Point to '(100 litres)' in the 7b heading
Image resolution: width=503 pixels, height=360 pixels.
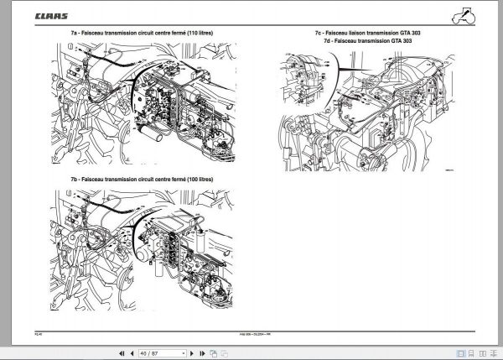pyautogui.click(x=194, y=180)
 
